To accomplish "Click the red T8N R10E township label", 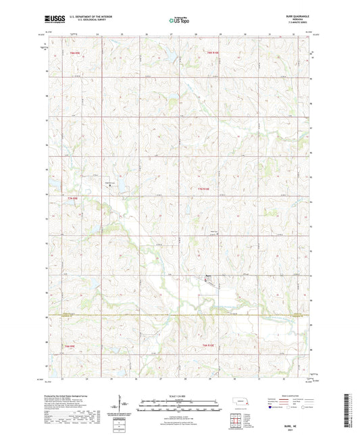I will pyautogui.click(x=213, y=53).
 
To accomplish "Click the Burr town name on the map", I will pyautogui.click(x=209, y=275).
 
